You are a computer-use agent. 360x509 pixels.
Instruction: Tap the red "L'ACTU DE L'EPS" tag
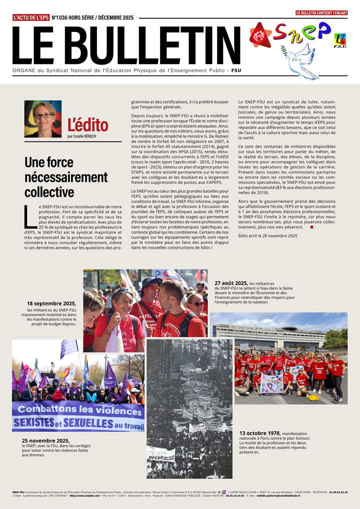coord(31,17)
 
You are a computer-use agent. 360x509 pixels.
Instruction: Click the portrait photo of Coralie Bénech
coord(43,119)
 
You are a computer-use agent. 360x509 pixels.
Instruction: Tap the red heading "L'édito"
coord(87,125)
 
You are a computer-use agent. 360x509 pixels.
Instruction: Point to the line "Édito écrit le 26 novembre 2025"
coord(267,235)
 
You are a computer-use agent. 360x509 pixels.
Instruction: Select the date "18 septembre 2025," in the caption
coord(51,303)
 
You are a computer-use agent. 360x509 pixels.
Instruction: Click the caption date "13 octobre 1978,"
coord(259,433)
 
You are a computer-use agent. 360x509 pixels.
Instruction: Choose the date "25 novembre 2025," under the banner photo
coord(45,440)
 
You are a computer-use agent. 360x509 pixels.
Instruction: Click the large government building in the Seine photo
coord(270,336)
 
